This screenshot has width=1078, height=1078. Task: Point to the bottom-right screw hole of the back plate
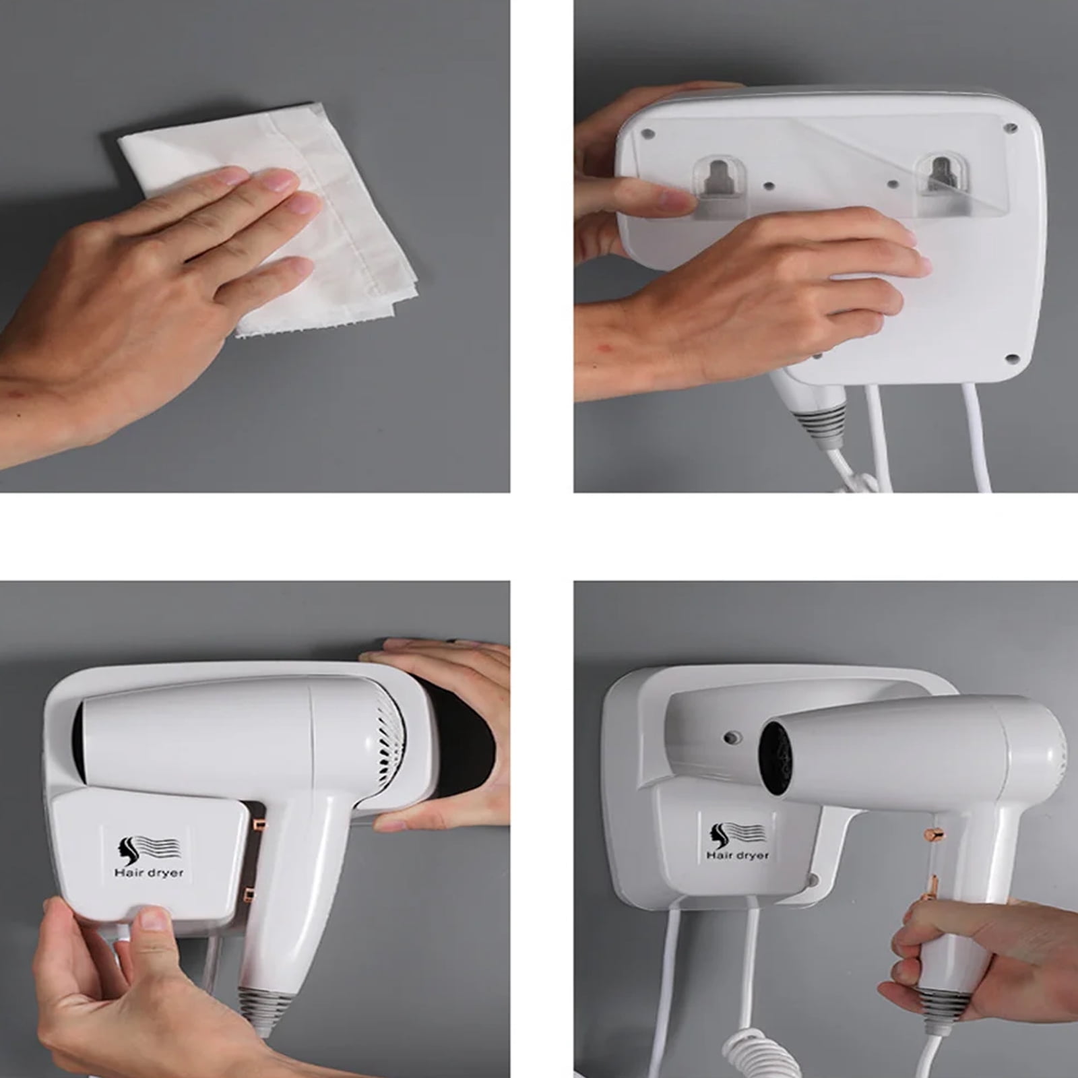tap(1011, 359)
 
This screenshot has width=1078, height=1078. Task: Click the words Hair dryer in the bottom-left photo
tap(149, 873)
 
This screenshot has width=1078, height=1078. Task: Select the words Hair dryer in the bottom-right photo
tap(737, 855)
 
